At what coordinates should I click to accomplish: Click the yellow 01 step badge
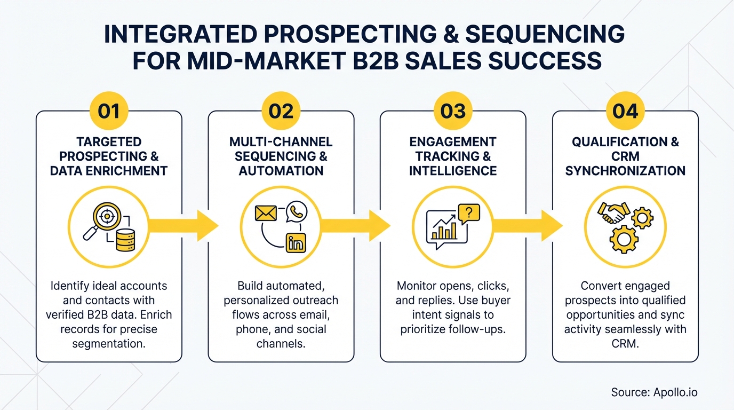click(x=109, y=112)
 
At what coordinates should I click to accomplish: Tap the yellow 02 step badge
click(x=281, y=112)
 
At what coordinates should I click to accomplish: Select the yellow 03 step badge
click(x=453, y=112)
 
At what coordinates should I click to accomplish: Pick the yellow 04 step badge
click(x=625, y=112)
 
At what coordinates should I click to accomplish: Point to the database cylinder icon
click(x=126, y=239)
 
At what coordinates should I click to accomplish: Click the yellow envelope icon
click(x=265, y=213)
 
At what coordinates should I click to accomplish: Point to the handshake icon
click(x=613, y=212)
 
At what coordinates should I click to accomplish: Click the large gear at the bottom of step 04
click(x=624, y=239)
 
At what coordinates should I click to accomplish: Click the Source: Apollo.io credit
click(x=654, y=392)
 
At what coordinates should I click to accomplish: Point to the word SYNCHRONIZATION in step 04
click(x=625, y=171)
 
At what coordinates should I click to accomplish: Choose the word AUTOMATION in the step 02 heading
click(x=281, y=171)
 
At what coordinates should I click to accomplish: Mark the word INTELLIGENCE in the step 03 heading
click(x=453, y=171)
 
